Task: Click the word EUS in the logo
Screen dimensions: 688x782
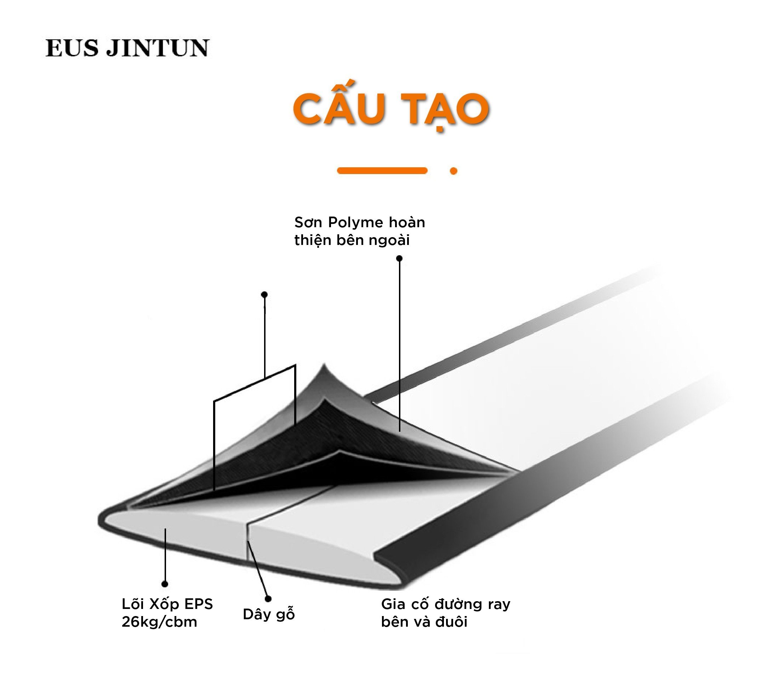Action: pos(72,48)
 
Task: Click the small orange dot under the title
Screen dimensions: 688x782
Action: pos(454,171)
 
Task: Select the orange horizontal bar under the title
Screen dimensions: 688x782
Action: pos(382,170)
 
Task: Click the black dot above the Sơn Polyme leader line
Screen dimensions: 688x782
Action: pos(399,258)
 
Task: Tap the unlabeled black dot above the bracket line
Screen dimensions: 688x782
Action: pos(264,295)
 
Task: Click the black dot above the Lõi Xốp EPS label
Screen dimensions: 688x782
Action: pos(165,584)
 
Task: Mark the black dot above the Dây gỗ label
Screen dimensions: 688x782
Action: pos(268,599)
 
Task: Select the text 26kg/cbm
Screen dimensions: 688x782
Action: pos(159,622)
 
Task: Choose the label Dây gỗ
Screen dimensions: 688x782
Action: pos(269,614)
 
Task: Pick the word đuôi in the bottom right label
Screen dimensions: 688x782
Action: pos(451,622)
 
